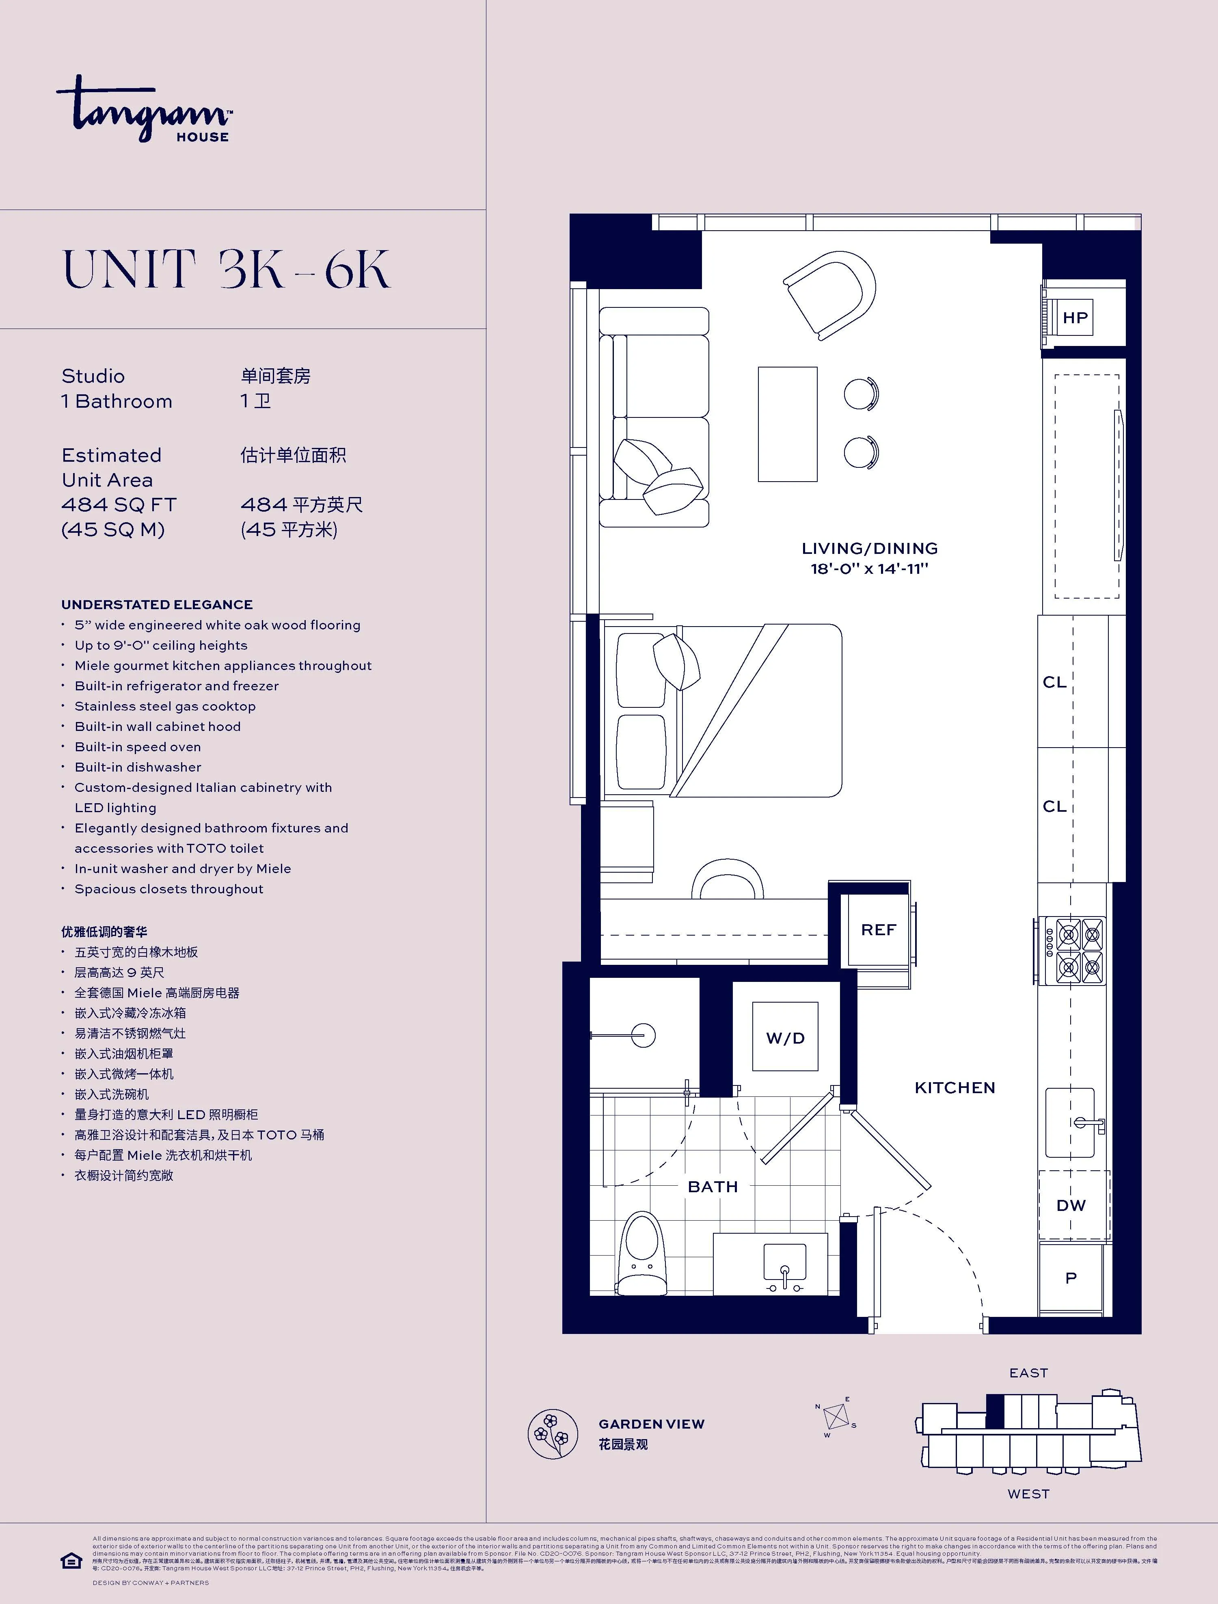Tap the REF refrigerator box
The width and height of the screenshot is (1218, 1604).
click(878, 930)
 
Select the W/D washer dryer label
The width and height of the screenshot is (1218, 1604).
click(785, 1038)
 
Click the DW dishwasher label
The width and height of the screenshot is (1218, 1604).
click(1071, 1205)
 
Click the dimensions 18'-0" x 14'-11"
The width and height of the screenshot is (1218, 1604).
click(869, 569)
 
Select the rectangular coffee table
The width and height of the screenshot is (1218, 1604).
click(787, 424)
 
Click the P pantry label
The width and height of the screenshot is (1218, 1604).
click(1071, 1278)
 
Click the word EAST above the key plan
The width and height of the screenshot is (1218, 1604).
click(1028, 1373)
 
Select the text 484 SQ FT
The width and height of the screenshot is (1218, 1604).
click(119, 505)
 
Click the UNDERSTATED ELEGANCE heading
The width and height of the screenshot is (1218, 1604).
click(157, 605)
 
